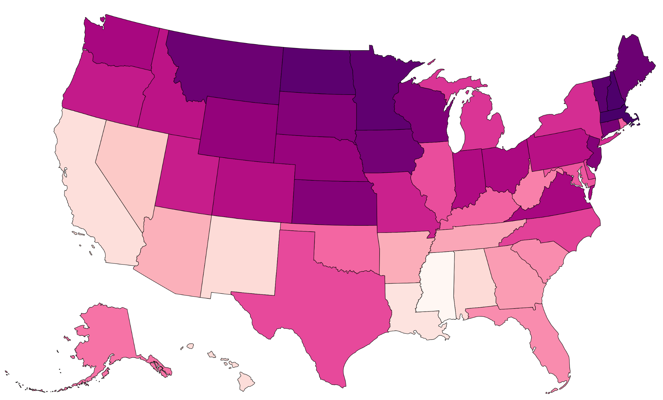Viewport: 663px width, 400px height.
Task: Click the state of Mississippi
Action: pos(436,283)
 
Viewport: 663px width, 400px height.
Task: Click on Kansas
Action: pos(334,202)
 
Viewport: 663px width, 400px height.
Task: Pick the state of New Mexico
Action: pos(240,256)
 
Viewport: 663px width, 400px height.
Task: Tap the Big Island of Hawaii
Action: pos(245,382)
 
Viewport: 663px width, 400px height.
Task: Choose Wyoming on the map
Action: pos(239,129)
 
